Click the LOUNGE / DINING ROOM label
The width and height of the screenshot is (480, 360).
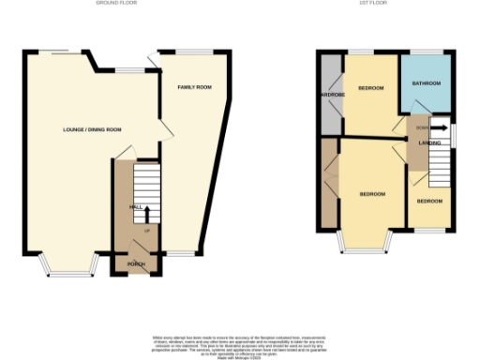coord(92,129)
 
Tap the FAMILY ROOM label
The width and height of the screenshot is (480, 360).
coord(195,86)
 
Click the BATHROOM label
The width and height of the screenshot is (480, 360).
coord(427,83)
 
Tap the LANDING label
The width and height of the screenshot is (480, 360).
coord(430,142)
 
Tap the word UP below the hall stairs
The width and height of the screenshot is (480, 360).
coord(147,230)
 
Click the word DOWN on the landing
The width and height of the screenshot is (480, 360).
coord(423,127)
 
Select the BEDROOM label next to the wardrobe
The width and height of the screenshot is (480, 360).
coord(372,88)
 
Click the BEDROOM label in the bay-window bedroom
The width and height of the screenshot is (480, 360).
coord(372,193)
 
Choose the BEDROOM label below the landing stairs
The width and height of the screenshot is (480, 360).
coord(429,202)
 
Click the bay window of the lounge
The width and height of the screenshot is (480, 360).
coord(67,271)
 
